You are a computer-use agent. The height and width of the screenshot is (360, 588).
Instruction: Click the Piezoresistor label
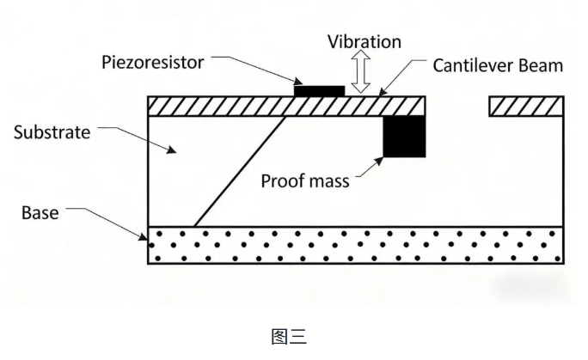click(x=153, y=63)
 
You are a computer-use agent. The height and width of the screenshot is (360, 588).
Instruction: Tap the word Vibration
click(x=365, y=41)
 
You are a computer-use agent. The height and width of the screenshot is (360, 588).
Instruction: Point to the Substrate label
click(x=52, y=132)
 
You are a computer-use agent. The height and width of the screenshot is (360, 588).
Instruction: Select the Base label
click(x=40, y=211)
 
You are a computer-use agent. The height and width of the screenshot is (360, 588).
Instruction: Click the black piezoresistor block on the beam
click(x=319, y=89)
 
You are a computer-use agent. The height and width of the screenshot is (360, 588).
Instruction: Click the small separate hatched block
click(x=527, y=106)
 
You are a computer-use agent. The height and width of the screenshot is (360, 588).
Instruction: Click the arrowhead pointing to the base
click(x=144, y=235)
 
